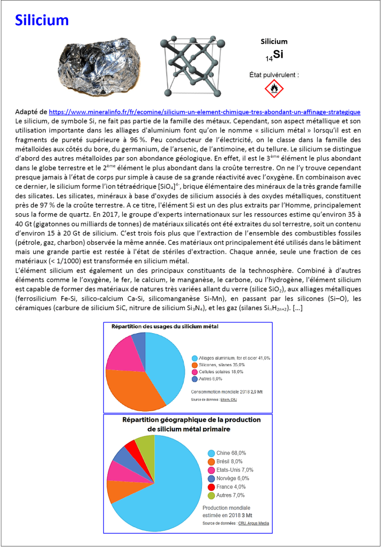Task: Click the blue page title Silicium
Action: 42,20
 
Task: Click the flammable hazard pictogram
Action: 274,88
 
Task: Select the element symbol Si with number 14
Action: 274,55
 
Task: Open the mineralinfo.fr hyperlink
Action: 204,112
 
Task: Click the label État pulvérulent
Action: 274,74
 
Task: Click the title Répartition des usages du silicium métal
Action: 165,326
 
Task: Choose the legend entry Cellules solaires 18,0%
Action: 233,372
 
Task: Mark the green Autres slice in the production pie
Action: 145,442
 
